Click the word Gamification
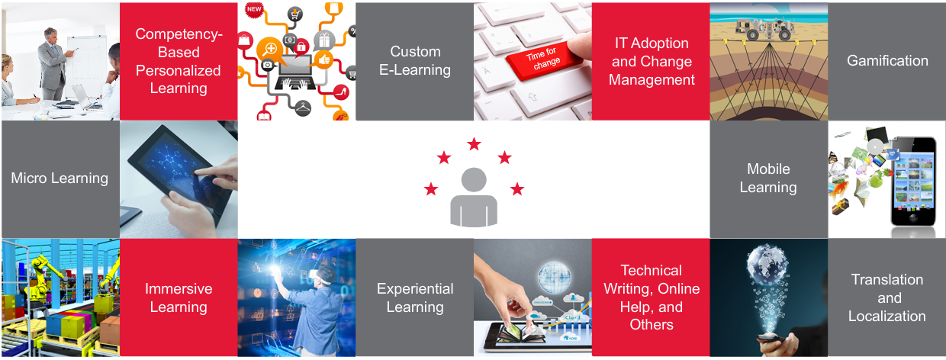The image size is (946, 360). click(x=887, y=61)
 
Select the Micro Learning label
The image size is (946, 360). click(x=60, y=178)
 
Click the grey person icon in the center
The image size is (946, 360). click(x=474, y=197)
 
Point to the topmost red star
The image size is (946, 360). click(x=475, y=144)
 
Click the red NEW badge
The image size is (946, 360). click(x=254, y=9)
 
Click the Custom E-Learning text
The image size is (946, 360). click(x=415, y=60)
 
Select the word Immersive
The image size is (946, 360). click(x=179, y=288)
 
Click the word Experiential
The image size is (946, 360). click(x=415, y=288)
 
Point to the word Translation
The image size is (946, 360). click(x=886, y=279)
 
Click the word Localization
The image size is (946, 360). click(x=886, y=316)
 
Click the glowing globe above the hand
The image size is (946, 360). click(x=767, y=263)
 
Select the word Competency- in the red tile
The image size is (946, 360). click(x=179, y=34)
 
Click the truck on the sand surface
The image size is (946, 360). click(x=764, y=29)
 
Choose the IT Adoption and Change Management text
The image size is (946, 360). click(x=652, y=61)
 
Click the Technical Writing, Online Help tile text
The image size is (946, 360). click(x=652, y=297)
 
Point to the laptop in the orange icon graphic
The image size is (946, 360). click(x=294, y=72)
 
